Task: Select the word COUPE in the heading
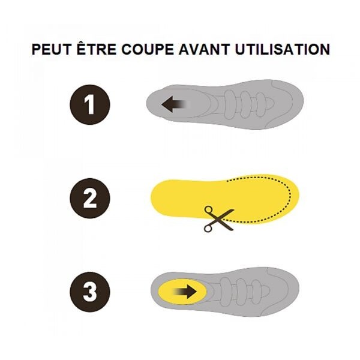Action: coord(148,49)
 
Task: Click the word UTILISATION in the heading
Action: coord(283,49)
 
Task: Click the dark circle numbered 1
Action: coord(90,104)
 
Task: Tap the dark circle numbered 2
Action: coord(90,198)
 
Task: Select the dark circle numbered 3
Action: coord(90,292)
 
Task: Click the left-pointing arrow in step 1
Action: coord(176,104)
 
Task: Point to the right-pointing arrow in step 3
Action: coord(185,292)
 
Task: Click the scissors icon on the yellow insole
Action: coord(219,219)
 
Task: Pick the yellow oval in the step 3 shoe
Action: coord(182,292)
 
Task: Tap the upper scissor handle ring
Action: coord(208,209)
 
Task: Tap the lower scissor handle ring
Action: coord(208,228)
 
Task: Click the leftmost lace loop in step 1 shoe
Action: coord(230,104)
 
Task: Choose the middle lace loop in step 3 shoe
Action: coord(241,292)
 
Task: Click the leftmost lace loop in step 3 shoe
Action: coord(226,292)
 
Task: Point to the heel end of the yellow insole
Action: coord(152,198)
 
